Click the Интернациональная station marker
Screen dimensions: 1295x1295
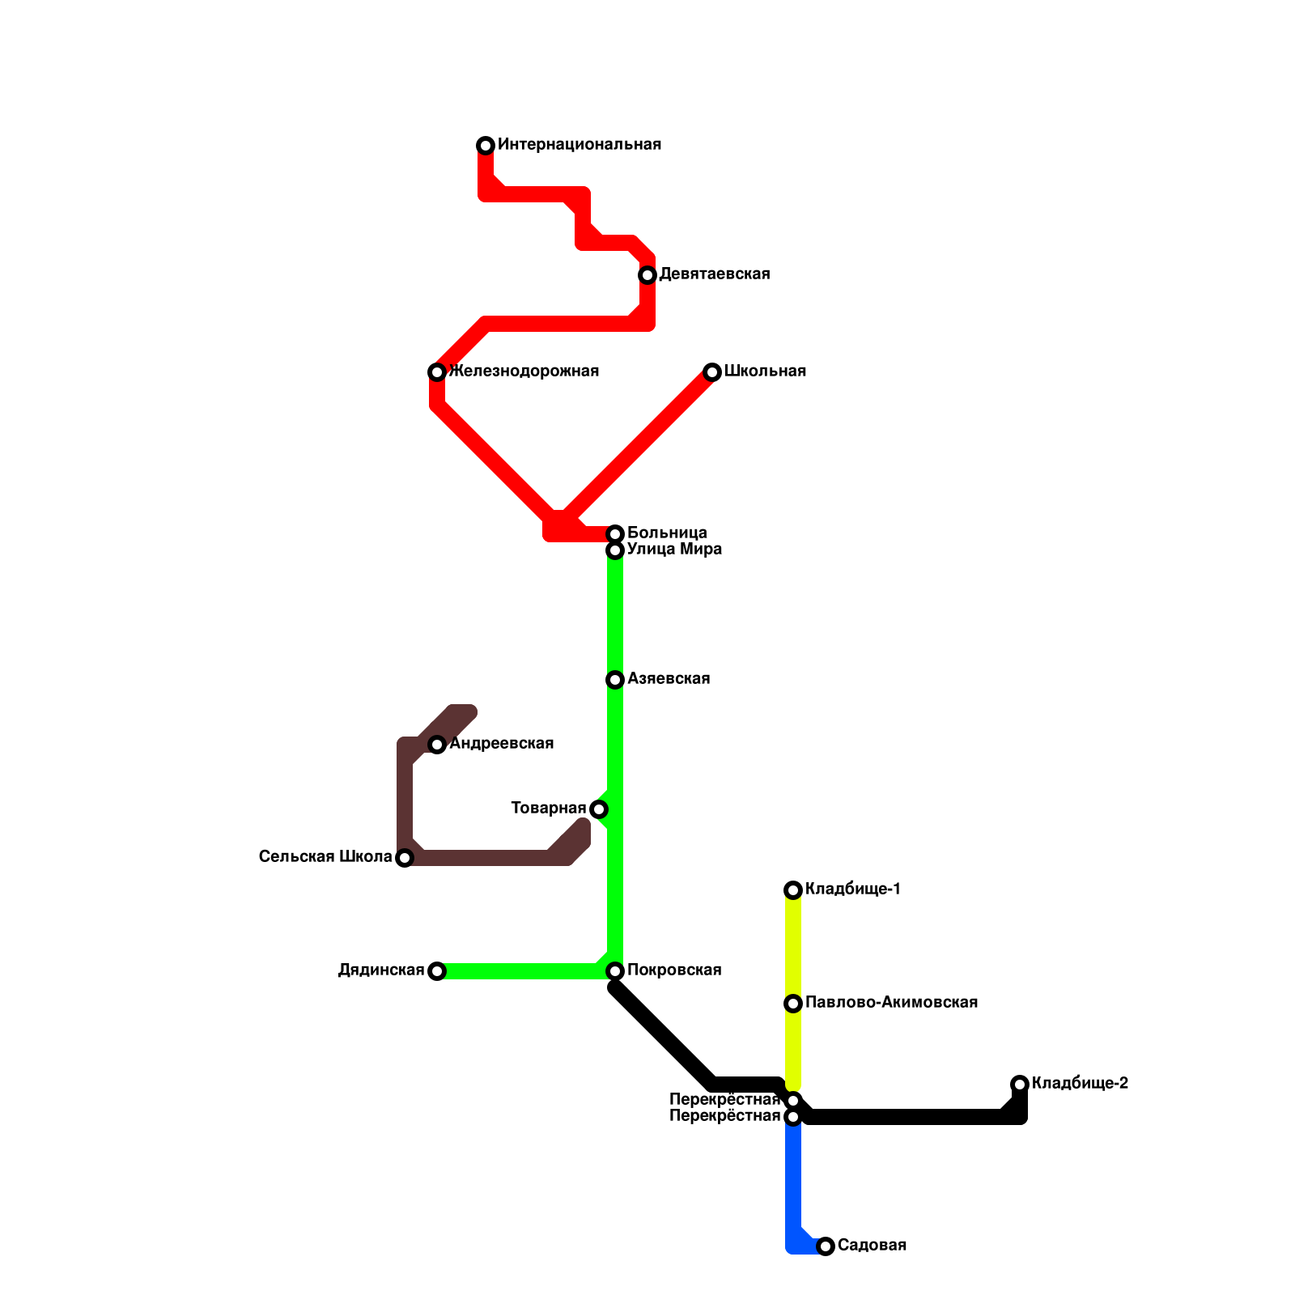click(x=486, y=146)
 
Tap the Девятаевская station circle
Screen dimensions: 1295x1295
click(x=647, y=275)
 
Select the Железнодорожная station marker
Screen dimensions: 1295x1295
click(x=437, y=372)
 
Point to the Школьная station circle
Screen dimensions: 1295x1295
click(x=712, y=372)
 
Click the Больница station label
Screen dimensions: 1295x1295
click(x=667, y=533)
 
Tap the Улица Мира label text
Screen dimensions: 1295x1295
click(x=674, y=550)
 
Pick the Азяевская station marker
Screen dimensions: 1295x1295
click(x=615, y=680)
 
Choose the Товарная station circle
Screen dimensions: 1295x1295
click(x=599, y=809)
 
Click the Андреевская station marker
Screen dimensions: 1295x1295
click(x=437, y=745)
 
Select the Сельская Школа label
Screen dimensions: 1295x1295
click(x=325, y=857)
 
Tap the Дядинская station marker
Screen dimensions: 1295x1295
click(x=437, y=971)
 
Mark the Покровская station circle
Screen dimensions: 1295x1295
click(x=615, y=971)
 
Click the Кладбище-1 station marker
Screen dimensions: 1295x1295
click(x=793, y=890)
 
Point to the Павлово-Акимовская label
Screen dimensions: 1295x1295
click(x=891, y=1003)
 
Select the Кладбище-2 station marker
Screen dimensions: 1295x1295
click(x=1020, y=1085)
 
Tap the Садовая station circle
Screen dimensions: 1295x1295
click(x=826, y=1246)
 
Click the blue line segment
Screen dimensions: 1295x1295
click(x=793, y=1182)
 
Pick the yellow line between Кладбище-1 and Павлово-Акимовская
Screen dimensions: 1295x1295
click(x=793, y=947)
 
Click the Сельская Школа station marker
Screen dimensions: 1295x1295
click(x=405, y=858)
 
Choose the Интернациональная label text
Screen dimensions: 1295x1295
click(x=580, y=145)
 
